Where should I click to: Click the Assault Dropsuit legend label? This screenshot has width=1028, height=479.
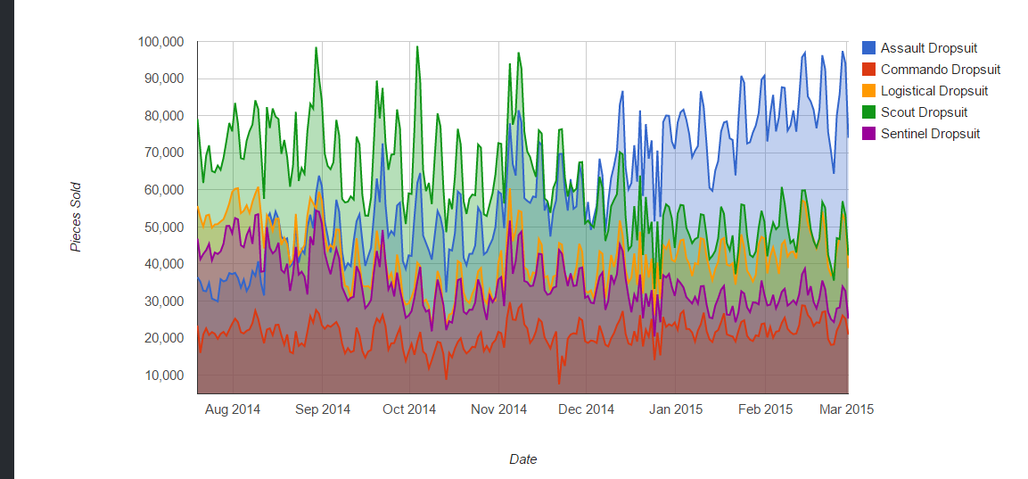[x=929, y=48]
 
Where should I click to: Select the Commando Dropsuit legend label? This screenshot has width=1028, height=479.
[x=940, y=70]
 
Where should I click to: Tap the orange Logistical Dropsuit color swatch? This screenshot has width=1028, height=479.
[x=868, y=91]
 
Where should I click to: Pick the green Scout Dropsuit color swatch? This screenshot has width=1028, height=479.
[x=868, y=112]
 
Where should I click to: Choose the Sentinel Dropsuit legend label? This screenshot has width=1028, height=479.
[x=930, y=134]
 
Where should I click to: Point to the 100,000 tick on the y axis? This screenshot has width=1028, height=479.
[x=161, y=42]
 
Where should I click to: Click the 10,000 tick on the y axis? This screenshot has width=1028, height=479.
[x=165, y=376]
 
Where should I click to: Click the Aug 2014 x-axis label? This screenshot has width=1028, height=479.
[x=233, y=409]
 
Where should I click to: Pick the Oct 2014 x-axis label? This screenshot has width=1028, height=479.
[x=409, y=409]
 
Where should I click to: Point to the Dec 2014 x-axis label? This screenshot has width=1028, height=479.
[x=587, y=409]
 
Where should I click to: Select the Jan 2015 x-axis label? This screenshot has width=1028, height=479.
[x=675, y=409]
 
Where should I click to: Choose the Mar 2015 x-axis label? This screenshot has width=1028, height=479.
[x=846, y=409]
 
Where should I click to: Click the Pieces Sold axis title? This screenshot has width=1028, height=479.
[x=77, y=217]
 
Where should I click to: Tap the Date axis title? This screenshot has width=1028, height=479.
[x=522, y=459]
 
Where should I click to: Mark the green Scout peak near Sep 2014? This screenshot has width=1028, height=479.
[x=316, y=48]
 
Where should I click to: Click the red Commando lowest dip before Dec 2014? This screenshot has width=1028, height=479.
[x=560, y=384]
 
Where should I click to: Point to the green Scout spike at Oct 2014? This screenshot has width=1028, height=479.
[x=417, y=47]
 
